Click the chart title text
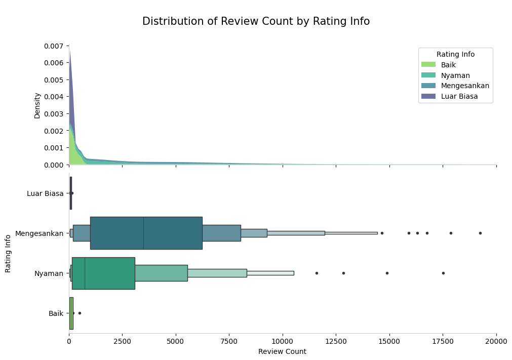256,21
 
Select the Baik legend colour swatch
428,65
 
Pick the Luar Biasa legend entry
459,96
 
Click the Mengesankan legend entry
465,86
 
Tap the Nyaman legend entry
455,75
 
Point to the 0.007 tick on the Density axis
54,46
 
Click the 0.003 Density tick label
54,113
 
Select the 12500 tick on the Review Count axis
336,341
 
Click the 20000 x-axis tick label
496,341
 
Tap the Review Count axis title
282,351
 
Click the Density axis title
37,105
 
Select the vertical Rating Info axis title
8,253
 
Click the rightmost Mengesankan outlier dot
480,233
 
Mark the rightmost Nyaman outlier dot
443,273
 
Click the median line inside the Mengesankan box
143,233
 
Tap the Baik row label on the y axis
56,313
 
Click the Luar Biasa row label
45,193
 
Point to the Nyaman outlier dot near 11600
317,273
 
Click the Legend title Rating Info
455,54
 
